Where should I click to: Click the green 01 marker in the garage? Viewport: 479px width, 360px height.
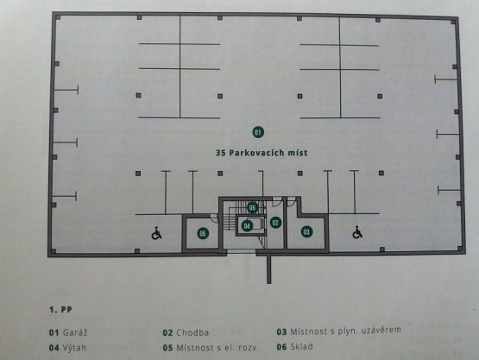[258, 132]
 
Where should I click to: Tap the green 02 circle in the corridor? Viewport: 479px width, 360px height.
[275, 223]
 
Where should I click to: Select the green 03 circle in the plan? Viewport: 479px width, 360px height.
[306, 231]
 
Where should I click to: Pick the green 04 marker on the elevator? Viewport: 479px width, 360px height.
[247, 226]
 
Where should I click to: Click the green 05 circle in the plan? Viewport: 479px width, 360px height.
[203, 233]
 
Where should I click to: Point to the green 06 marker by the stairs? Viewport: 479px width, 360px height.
[252, 208]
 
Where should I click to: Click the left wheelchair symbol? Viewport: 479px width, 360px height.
[157, 233]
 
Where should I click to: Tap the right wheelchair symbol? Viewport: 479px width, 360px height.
[357, 232]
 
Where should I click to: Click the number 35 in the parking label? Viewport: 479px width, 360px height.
[220, 153]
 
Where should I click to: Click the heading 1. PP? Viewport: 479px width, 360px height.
[60, 310]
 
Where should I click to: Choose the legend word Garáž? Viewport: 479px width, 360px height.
[75, 332]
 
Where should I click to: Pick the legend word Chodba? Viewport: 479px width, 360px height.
[192, 332]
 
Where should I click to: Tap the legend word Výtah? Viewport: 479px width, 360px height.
[74, 348]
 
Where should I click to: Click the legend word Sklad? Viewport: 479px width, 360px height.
[301, 346]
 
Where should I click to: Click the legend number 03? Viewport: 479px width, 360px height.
[281, 332]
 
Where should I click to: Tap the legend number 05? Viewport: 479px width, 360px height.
[167, 348]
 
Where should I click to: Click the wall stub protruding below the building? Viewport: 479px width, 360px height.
[268, 269]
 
